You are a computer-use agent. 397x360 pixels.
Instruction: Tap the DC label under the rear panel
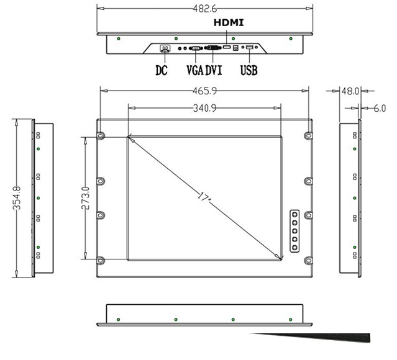[x=162, y=70]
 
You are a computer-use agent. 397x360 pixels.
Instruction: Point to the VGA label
[x=195, y=70]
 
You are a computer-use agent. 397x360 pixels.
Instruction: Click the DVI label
[x=214, y=70]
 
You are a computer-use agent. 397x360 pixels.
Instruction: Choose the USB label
[x=249, y=70]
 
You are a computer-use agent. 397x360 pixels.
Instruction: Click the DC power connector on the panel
[x=166, y=48]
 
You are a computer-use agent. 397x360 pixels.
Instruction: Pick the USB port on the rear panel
[x=250, y=48]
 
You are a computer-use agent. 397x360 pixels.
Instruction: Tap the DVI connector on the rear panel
[x=212, y=48]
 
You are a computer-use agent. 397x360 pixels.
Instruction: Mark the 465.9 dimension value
[x=204, y=91]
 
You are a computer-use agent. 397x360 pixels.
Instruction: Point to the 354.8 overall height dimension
[x=17, y=197]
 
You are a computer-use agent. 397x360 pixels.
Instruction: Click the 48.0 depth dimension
[x=350, y=91]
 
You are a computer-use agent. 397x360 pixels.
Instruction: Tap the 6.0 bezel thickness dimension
[x=380, y=108]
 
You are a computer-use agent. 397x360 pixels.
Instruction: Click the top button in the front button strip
[x=294, y=215]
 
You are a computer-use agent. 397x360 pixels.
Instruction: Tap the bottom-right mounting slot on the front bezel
[x=308, y=259]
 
